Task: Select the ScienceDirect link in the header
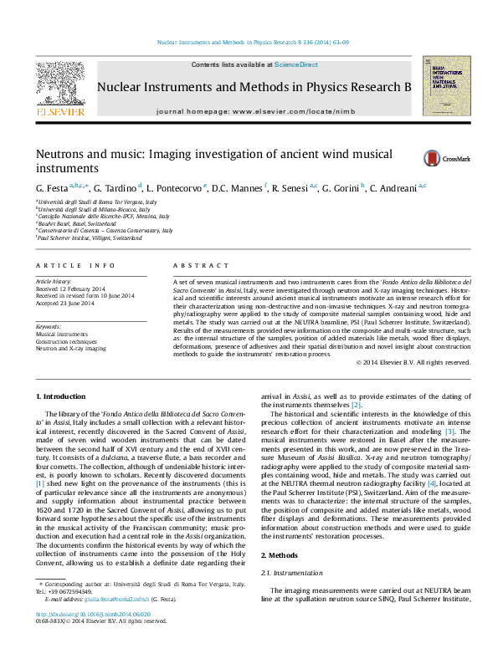pos(296,64)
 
